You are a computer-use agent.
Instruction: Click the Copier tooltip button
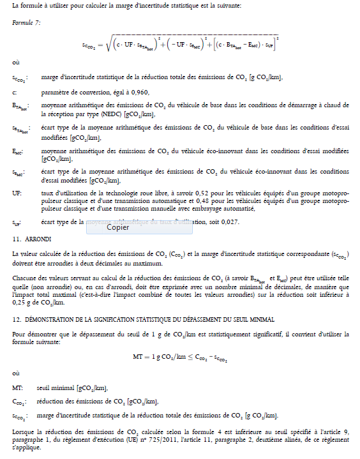tap(118, 227)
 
